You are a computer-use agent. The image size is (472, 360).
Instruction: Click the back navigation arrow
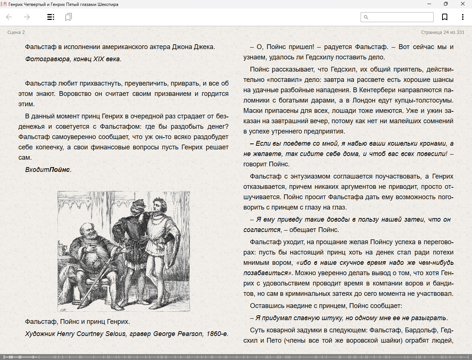click(x=9, y=17)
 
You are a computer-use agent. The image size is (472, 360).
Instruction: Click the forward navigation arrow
click(x=27, y=17)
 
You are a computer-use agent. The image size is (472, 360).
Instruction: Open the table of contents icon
click(x=51, y=17)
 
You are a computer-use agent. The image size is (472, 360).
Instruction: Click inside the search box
click(x=400, y=17)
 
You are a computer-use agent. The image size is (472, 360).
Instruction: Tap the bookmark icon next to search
click(x=445, y=17)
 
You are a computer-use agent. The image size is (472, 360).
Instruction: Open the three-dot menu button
click(x=462, y=17)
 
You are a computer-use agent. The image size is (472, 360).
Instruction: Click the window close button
click(x=463, y=4)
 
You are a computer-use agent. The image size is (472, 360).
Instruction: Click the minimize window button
click(x=429, y=4)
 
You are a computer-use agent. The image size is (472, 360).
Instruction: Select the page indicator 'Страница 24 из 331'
click(x=442, y=32)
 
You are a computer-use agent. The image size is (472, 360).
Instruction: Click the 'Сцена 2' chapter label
click(x=16, y=32)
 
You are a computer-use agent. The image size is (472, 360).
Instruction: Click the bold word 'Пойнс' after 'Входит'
click(x=60, y=170)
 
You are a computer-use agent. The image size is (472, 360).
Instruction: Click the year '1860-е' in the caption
click(x=217, y=334)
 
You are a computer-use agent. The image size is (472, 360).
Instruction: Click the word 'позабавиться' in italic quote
click(x=265, y=273)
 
